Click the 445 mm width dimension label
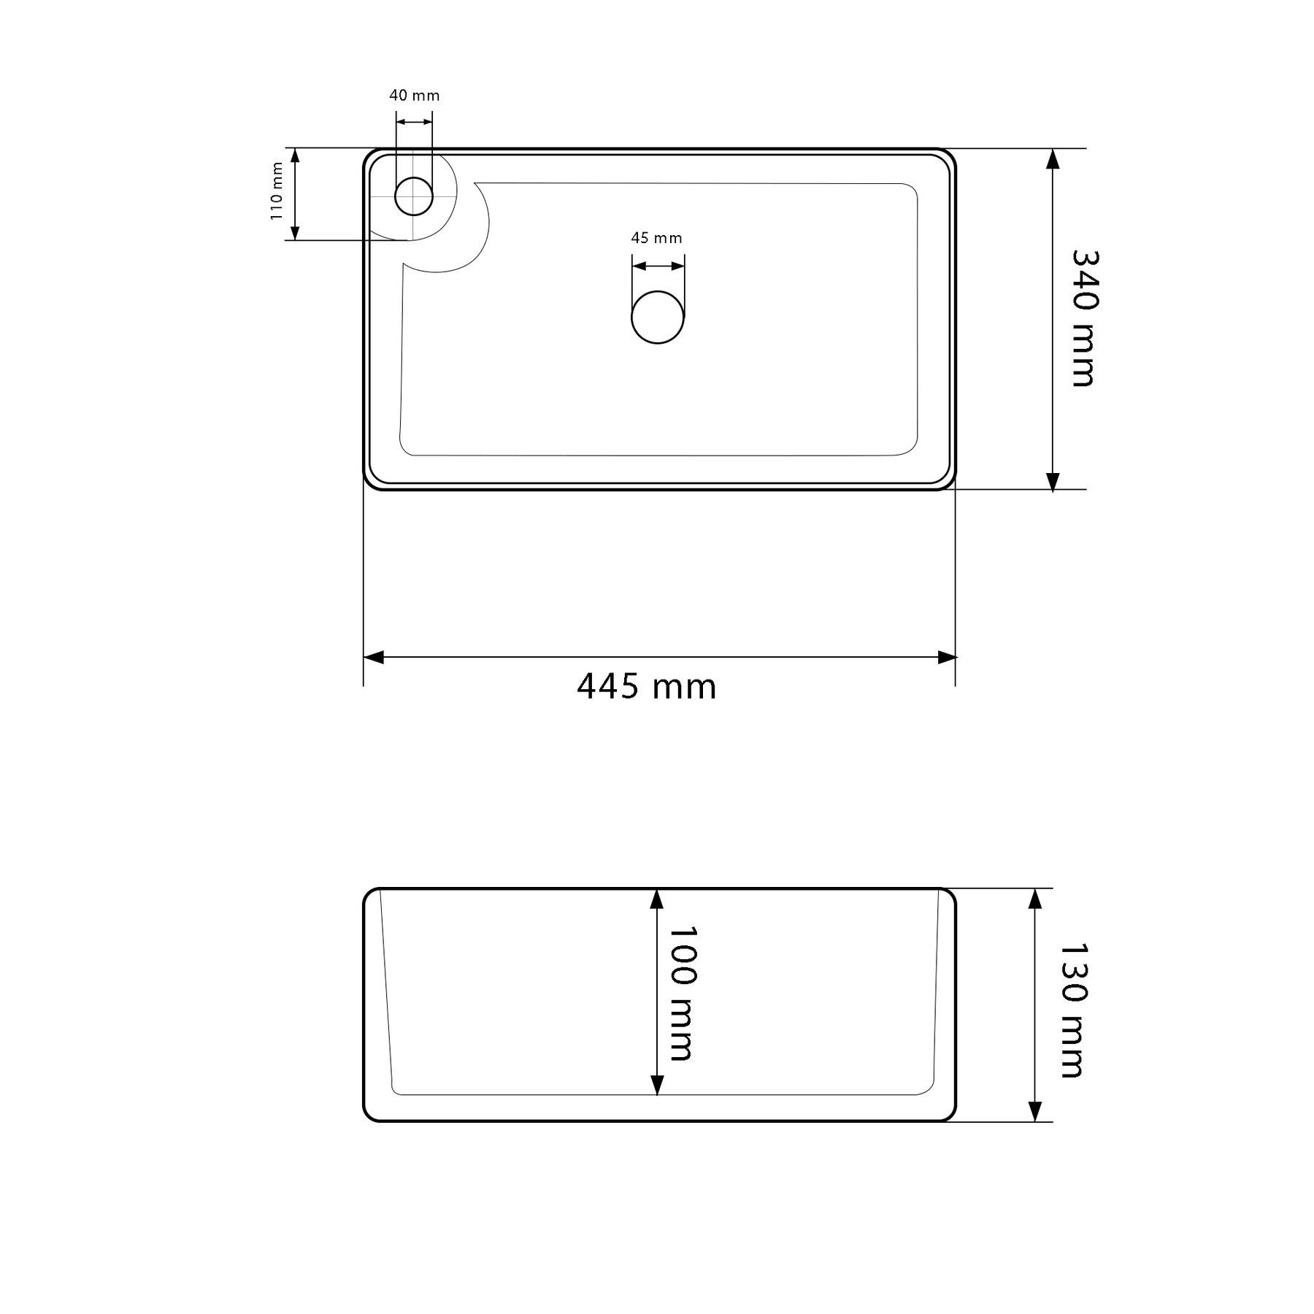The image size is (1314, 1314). coord(647,687)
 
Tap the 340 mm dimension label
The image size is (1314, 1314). coord(1084,318)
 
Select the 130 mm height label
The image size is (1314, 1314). coord(1073,1010)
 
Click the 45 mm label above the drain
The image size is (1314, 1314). coord(656,238)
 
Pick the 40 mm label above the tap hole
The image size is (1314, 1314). coord(415,96)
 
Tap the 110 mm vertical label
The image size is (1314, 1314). coord(276,191)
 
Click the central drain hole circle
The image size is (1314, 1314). coord(658,317)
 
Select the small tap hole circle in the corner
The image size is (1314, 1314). coord(414,196)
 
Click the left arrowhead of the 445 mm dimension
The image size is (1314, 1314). coord(373,658)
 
